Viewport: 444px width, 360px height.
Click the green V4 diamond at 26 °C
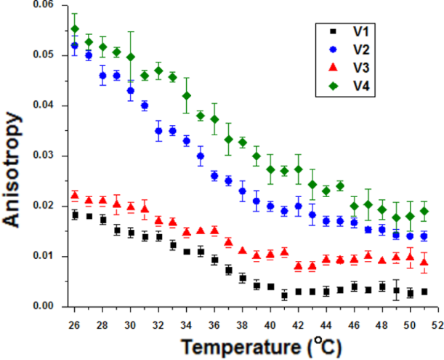pyautogui.click(x=75, y=29)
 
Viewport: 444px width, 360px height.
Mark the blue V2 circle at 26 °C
pyautogui.click(x=75, y=46)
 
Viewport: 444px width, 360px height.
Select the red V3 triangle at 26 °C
pyautogui.click(x=75, y=195)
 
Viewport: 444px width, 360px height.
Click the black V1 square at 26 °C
pyautogui.click(x=75, y=215)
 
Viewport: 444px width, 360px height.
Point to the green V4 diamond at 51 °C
pyautogui.click(x=424, y=211)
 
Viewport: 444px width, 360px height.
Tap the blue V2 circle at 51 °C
pyautogui.click(x=424, y=236)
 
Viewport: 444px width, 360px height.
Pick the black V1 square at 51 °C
pyautogui.click(x=424, y=292)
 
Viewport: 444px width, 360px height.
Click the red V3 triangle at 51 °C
pyautogui.click(x=424, y=263)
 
